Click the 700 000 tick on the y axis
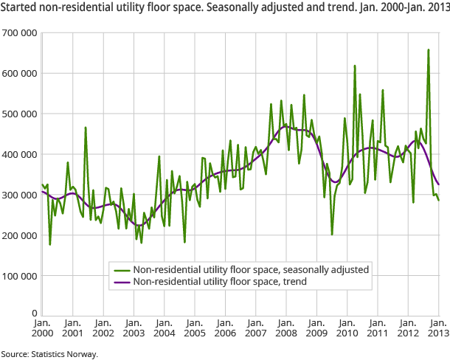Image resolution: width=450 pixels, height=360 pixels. [19, 33]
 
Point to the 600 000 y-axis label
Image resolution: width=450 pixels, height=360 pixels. [19, 74]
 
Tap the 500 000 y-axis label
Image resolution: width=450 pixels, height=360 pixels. [19, 114]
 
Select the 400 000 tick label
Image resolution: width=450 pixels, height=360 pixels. [19, 155]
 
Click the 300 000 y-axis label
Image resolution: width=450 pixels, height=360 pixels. [19, 195]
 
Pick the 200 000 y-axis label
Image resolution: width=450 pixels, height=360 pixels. [19, 236]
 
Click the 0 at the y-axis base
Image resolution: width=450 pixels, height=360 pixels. [34, 314]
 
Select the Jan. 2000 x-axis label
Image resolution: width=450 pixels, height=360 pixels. [42, 328]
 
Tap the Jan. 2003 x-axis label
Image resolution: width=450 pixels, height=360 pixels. [134, 328]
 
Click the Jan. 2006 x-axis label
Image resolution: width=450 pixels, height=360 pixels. [225, 328]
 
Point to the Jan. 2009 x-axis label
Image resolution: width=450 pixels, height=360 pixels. [316, 328]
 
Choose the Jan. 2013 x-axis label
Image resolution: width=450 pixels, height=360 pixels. [438, 328]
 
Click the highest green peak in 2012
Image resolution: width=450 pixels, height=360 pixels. [428, 50]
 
